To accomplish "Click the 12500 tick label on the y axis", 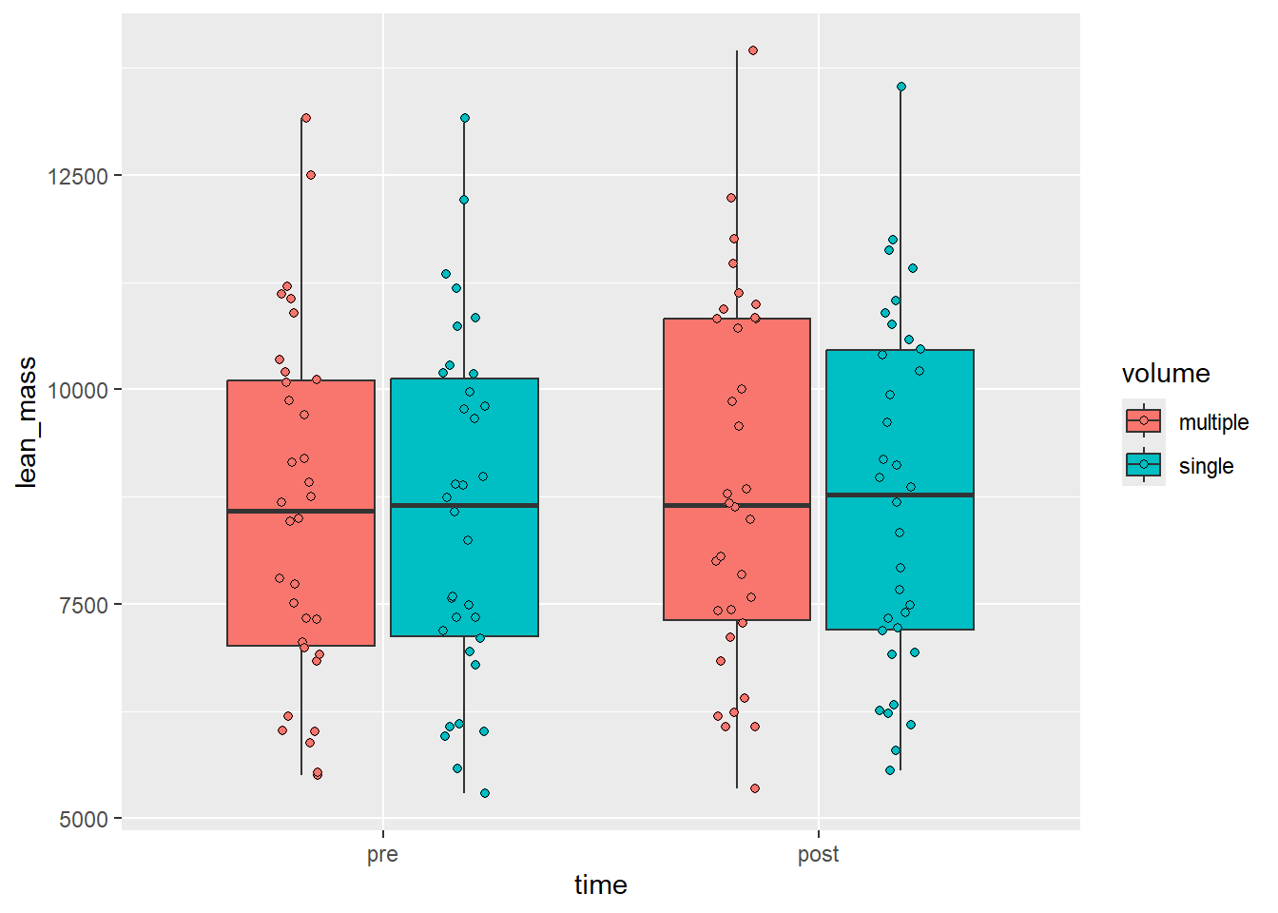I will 78,176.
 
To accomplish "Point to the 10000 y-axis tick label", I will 78,390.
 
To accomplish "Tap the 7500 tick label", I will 84,605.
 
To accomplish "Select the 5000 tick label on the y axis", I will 84,819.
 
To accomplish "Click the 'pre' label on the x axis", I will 382,854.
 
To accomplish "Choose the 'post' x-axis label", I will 818,854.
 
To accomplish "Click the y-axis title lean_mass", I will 27,422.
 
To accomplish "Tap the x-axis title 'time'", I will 600,885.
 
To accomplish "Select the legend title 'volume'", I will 1166,374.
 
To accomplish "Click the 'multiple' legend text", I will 1213,422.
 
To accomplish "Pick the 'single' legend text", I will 1206,466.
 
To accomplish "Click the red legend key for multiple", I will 1144,420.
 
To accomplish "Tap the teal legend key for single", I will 1144,464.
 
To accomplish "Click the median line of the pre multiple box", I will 300,512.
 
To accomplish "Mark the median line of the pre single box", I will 464,506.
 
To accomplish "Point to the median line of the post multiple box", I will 737,506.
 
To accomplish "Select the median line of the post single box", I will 900,495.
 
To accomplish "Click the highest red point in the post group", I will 753,50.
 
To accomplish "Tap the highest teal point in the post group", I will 901,87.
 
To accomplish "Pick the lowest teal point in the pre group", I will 485,793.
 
